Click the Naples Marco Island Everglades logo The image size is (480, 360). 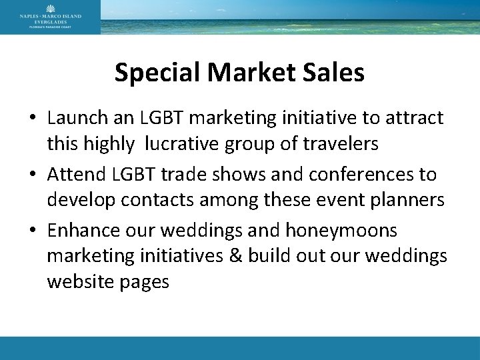pos(51,17)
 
